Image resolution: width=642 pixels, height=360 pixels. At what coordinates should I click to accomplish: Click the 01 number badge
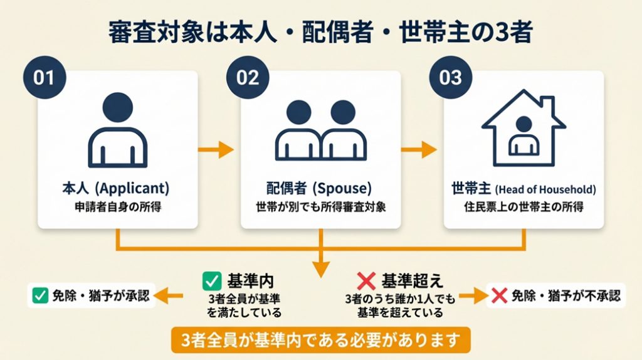(44, 78)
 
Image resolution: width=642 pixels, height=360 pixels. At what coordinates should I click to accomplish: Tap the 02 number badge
(247, 78)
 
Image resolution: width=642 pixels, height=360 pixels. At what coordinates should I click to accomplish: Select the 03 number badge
(450, 78)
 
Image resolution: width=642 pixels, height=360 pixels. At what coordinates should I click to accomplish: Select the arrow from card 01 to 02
(216, 150)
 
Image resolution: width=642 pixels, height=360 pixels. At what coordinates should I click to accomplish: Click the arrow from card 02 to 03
(419, 150)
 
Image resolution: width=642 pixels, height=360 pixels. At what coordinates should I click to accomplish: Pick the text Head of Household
(545, 189)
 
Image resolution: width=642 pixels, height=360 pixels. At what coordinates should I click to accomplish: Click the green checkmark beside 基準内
(211, 280)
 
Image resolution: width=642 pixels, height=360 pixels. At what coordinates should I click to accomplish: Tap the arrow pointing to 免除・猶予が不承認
(471, 295)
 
